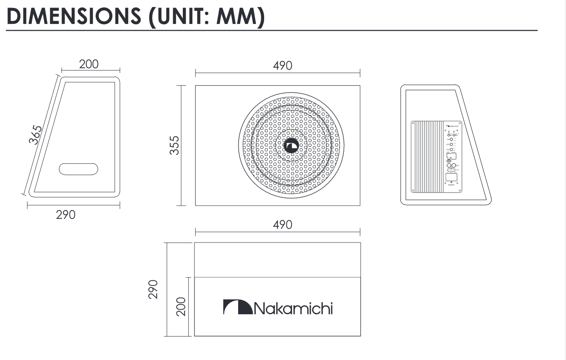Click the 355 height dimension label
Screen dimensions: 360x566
pos(174,145)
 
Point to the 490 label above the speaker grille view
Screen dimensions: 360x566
pos(282,66)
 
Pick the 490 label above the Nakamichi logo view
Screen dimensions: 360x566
pos(282,225)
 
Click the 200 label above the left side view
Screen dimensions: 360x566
pos(89,64)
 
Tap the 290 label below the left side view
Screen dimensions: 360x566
pos(66,215)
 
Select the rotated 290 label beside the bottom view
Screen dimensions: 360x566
pos(154,289)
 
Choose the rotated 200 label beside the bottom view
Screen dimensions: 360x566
pos(180,307)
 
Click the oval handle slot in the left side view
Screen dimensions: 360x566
pos(78,169)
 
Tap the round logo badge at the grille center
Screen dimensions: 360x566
pos(291,146)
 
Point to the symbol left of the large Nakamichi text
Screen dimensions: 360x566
pos(237,307)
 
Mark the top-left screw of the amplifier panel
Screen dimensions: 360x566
pos(413,123)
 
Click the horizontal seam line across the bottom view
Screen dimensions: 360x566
pos(277,277)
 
